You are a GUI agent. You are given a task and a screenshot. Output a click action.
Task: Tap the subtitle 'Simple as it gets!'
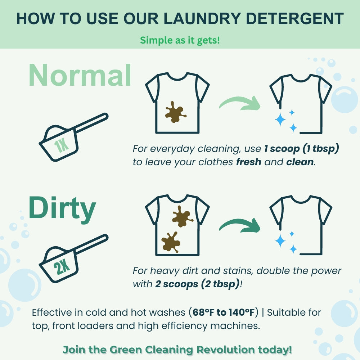click(180, 40)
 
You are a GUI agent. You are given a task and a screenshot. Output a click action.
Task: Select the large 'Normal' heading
click(80, 76)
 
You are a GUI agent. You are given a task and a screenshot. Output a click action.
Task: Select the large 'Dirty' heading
click(62, 209)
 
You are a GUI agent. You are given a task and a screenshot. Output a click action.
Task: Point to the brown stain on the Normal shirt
click(175, 113)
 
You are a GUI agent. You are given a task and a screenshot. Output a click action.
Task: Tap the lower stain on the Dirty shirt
click(171, 242)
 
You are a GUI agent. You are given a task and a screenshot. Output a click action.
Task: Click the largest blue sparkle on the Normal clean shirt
click(280, 120)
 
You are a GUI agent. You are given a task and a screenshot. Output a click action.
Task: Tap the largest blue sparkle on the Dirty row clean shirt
click(280, 241)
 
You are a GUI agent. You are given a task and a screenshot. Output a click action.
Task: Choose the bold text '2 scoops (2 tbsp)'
click(197, 284)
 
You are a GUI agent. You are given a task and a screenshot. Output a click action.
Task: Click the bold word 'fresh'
click(248, 162)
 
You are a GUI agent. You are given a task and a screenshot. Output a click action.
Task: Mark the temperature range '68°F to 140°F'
click(226, 312)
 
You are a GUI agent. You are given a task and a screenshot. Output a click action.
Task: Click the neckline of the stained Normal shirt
click(177, 77)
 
